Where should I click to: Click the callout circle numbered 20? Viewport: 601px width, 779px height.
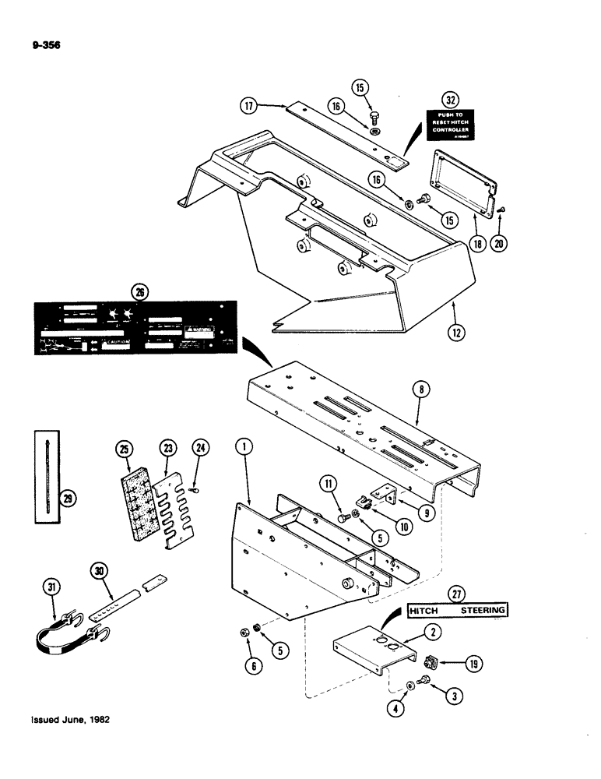click(499, 243)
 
